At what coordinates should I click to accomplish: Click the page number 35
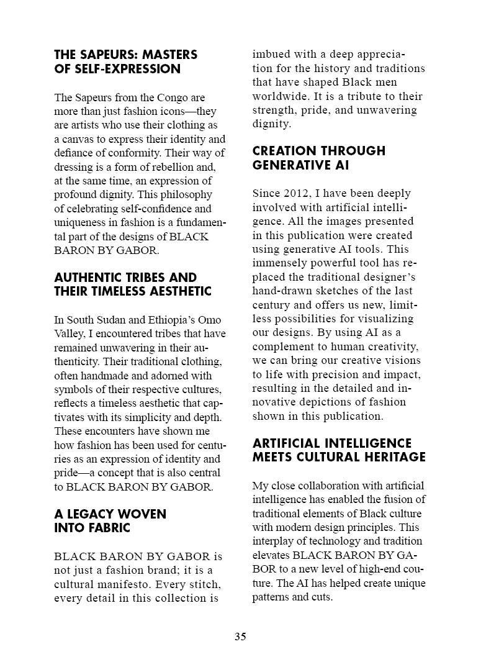pyautogui.click(x=240, y=637)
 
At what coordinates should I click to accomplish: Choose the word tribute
pyautogui.click(x=357, y=96)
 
